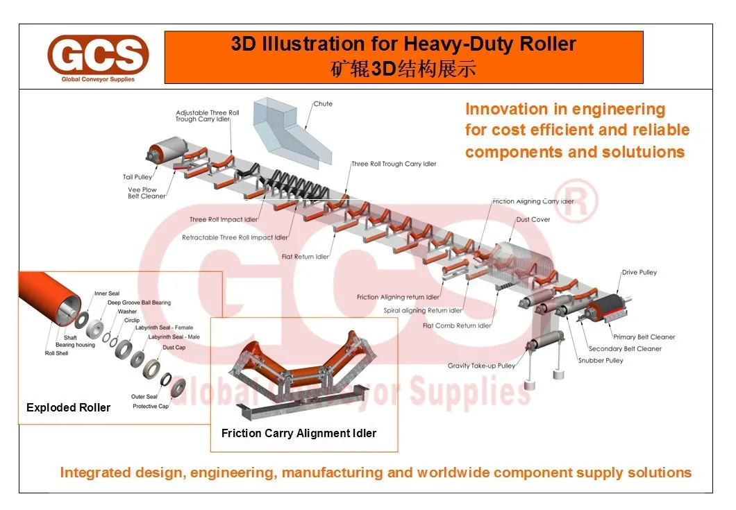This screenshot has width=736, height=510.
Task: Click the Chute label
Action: pyautogui.click(x=323, y=104)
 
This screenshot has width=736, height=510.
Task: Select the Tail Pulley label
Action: pyautogui.click(x=137, y=178)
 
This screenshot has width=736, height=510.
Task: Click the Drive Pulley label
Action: pyautogui.click(x=639, y=273)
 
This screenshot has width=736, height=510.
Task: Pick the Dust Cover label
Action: pyautogui.click(x=533, y=220)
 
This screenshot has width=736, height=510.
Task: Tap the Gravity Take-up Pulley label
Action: pyautogui.click(x=481, y=366)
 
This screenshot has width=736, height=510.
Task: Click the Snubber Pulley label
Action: pyautogui.click(x=601, y=361)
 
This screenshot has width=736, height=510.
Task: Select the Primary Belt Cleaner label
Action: pyautogui.click(x=644, y=337)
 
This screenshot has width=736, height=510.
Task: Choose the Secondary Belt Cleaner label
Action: pyautogui.click(x=625, y=349)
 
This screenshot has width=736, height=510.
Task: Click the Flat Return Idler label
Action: pyautogui.click(x=306, y=257)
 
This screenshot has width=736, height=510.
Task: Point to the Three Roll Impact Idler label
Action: pyautogui.click(x=224, y=220)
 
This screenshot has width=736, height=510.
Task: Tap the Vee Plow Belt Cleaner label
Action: pyautogui.click(x=147, y=193)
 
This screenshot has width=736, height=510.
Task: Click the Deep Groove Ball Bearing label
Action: pyautogui.click(x=139, y=303)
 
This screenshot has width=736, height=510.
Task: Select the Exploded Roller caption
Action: pyautogui.click(x=68, y=408)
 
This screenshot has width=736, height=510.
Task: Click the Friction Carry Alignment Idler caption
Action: pyautogui.click(x=299, y=434)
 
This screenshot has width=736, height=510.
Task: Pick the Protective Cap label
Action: pyautogui.click(x=151, y=406)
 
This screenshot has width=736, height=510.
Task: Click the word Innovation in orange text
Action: pyautogui.click(x=496, y=109)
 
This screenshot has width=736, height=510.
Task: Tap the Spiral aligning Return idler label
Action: pyautogui.click(x=423, y=311)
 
